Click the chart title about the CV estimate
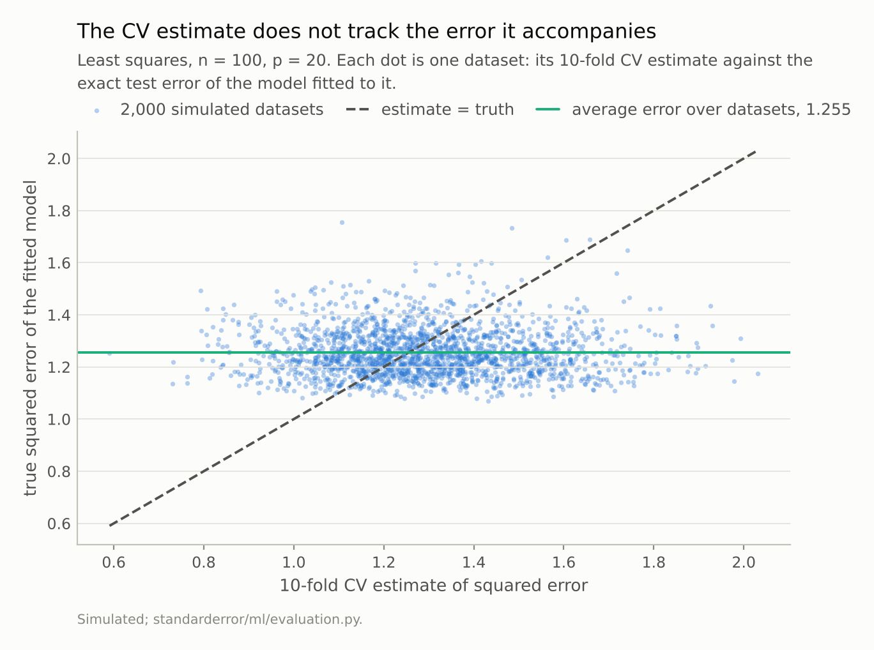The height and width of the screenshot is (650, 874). click(367, 31)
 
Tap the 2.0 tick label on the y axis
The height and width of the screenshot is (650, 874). click(59, 159)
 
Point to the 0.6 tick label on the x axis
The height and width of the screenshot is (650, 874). click(114, 562)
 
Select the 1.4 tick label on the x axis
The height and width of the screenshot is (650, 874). click(473, 562)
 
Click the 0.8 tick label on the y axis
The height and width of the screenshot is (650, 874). click(59, 472)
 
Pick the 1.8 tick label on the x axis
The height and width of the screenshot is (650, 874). click(654, 562)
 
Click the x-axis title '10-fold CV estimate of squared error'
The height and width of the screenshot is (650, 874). click(433, 586)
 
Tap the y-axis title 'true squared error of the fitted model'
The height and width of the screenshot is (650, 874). click(30, 338)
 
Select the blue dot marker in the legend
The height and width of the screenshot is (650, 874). click(96, 112)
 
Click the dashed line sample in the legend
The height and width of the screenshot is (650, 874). click(357, 110)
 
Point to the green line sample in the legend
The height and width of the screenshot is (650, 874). click(548, 110)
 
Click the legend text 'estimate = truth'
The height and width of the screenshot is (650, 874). click(448, 110)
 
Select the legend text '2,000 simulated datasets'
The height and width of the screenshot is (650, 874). click(222, 110)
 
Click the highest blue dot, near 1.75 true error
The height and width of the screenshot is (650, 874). click(342, 223)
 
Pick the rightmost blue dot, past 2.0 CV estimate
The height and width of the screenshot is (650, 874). click(758, 374)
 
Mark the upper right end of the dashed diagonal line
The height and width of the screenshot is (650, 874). click(756, 151)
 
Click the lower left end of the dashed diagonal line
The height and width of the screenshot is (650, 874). click(110, 525)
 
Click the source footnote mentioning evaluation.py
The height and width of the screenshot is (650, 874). click(220, 619)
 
